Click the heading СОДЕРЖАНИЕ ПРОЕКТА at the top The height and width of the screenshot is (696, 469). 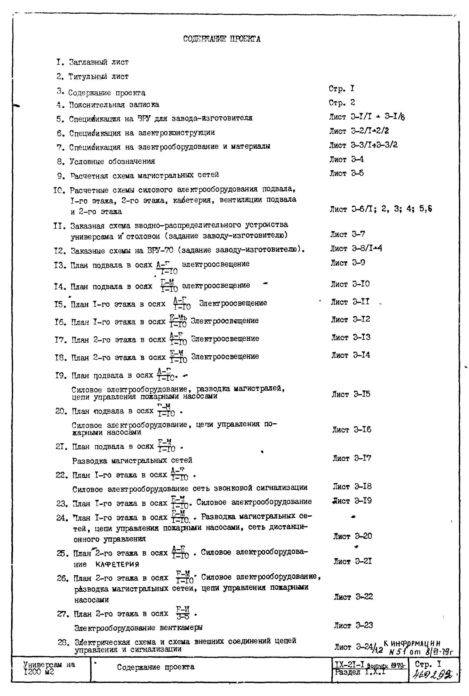pyautogui.click(x=222, y=39)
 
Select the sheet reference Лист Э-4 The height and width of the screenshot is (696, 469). pyautogui.click(x=346, y=159)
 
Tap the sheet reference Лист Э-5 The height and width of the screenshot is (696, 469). pyautogui.click(x=346, y=173)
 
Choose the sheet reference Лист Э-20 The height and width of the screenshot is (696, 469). pyautogui.click(x=352, y=536)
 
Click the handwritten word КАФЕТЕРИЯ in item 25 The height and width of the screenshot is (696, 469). pyautogui.click(x=117, y=564)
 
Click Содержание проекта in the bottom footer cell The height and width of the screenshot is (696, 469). pyautogui.click(x=156, y=667)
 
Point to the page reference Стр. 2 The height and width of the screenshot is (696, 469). pyautogui.click(x=342, y=103)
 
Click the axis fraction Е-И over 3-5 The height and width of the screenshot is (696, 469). pyautogui.click(x=183, y=613)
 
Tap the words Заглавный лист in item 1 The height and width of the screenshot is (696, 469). pyautogui.click(x=99, y=62)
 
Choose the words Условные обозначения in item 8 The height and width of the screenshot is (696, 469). pyautogui.click(x=112, y=161)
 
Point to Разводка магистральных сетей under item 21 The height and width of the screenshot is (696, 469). pyautogui.click(x=132, y=460)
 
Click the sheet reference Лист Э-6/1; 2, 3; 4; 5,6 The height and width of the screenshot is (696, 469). pyautogui.click(x=381, y=209)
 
